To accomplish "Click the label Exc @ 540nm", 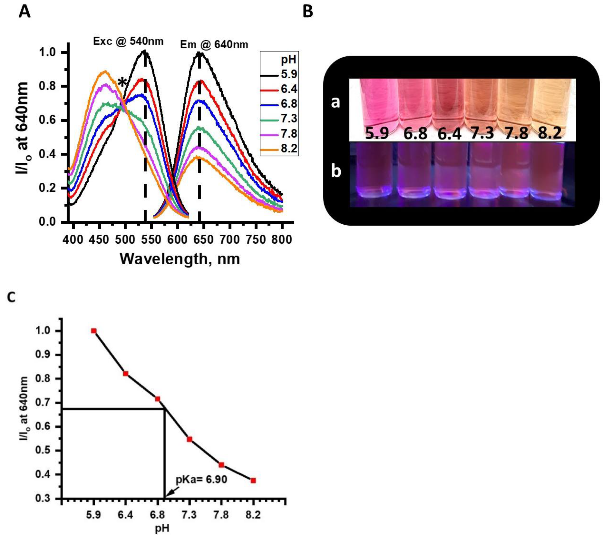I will pyautogui.click(x=128, y=41).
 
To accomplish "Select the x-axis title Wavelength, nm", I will pyautogui.click(x=180, y=259).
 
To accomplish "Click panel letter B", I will pyautogui.click(x=308, y=12).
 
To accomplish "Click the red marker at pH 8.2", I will pyautogui.click(x=253, y=480).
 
